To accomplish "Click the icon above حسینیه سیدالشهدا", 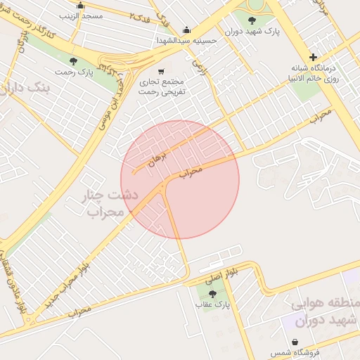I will (186, 30).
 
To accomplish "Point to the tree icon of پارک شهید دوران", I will (252, 20).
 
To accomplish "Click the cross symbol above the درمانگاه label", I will (313, 57).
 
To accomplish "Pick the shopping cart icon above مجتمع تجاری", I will (162, 71).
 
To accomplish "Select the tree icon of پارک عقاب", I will (213, 294).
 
